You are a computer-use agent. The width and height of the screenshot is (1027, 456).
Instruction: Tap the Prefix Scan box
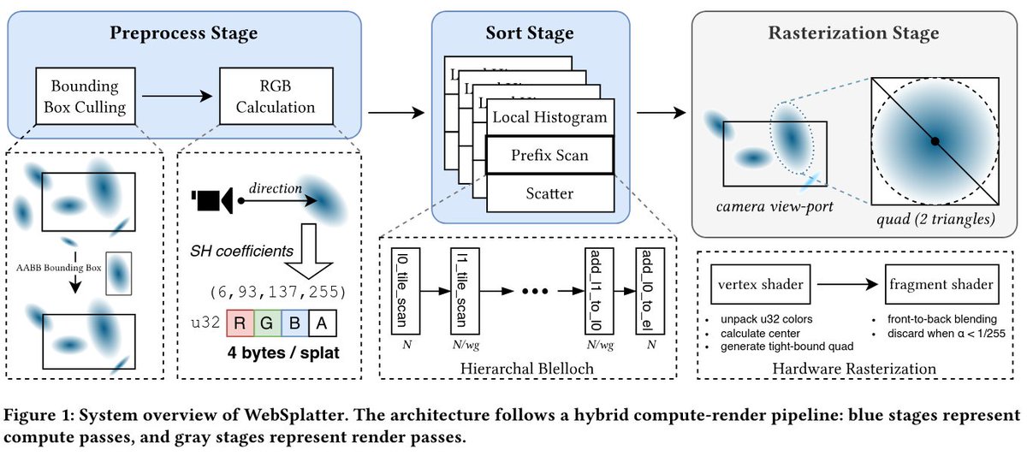tap(549, 156)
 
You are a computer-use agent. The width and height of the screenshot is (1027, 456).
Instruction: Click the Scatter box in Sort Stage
tap(549, 193)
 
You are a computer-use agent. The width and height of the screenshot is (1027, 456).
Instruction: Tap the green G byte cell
tap(267, 323)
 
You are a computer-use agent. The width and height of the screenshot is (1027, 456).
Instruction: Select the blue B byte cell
tap(295, 323)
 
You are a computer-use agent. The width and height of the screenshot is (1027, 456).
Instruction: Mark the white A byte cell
tap(324, 323)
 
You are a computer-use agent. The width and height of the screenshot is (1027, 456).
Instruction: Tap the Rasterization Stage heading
tap(853, 34)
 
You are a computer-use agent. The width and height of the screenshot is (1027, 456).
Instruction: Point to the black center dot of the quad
tap(935, 140)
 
